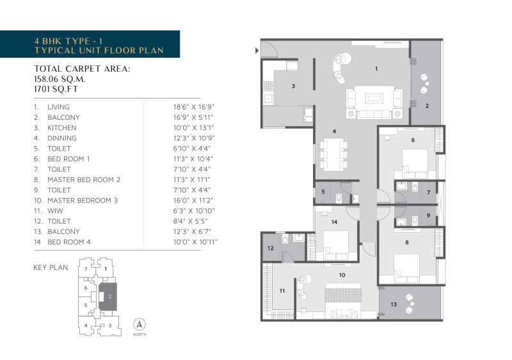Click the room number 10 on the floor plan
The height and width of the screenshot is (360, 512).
(342, 275)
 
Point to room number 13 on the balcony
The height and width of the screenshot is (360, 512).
(394, 304)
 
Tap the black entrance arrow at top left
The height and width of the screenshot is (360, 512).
(257, 49)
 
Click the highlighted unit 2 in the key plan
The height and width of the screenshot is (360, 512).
(109, 297)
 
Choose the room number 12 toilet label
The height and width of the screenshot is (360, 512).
(270, 248)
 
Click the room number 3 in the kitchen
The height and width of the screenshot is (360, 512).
(292, 85)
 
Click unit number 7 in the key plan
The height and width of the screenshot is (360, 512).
(85, 269)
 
